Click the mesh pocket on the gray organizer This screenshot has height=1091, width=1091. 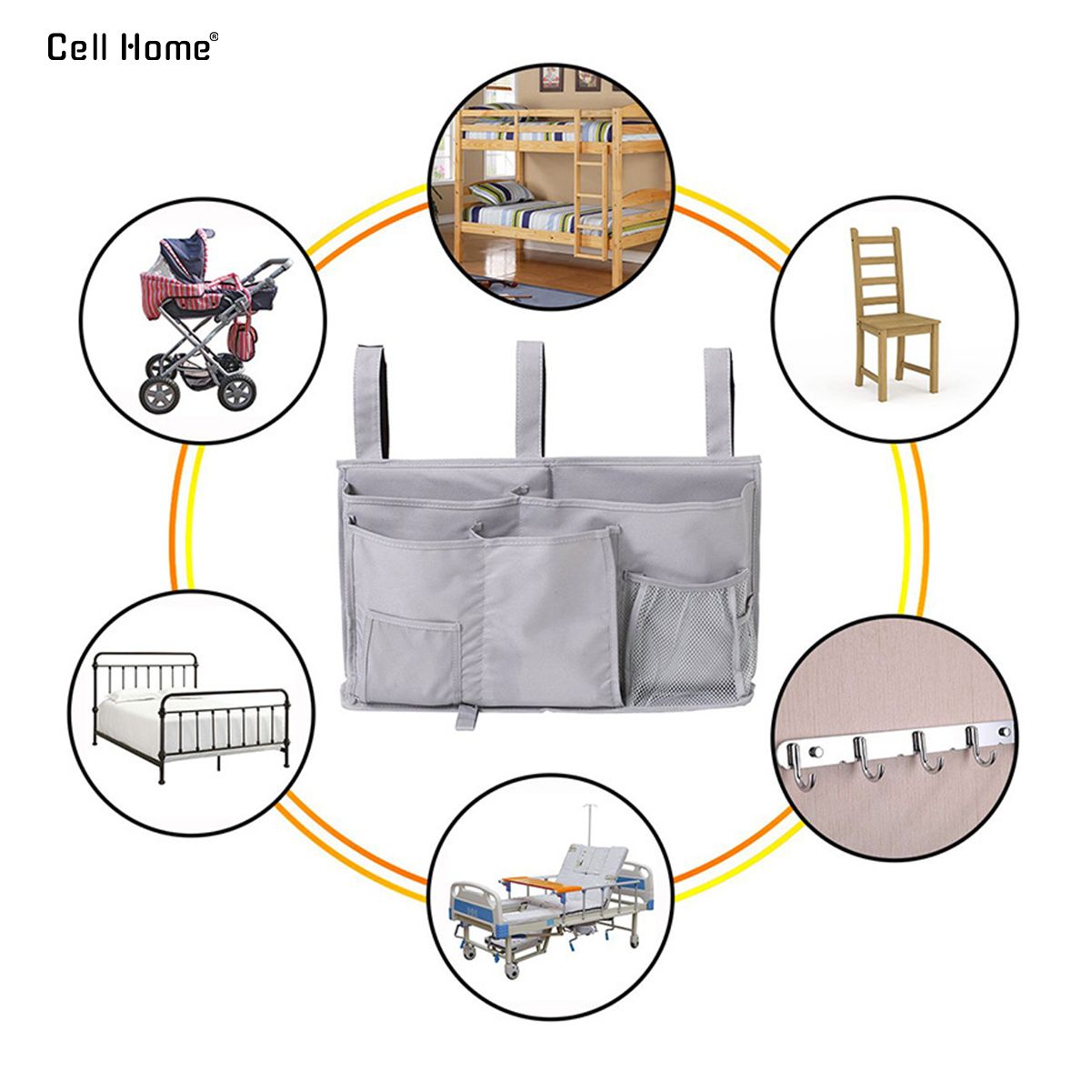(686, 638)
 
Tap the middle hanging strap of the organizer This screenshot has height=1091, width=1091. (529, 398)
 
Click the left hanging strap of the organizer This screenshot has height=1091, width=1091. (371, 403)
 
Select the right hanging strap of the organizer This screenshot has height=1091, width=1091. (718, 402)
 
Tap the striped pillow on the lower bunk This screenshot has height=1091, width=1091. (500, 193)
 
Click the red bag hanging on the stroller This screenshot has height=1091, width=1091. (243, 338)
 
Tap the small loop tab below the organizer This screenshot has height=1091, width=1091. (466, 716)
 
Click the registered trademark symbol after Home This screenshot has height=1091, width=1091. (214, 36)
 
